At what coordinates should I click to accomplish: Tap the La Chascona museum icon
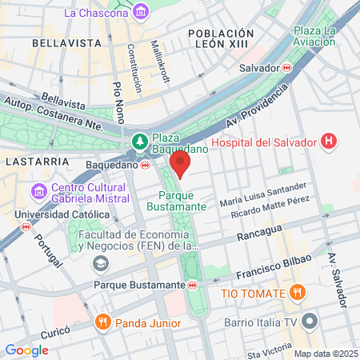pyautogui.click(x=142, y=12)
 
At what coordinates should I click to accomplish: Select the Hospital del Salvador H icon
pyautogui.click(x=327, y=142)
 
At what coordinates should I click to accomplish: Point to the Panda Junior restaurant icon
pyautogui.click(x=102, y=322)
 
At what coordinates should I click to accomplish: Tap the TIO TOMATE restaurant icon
pyautogui.click(x=298, y=291)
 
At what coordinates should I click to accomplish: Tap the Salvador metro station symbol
pyautogui.click(x=286, y=68)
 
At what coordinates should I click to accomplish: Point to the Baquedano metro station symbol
pyautogui.click(x=145, y=166)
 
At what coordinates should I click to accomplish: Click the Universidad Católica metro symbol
pyautogui.click(x=26, y=227)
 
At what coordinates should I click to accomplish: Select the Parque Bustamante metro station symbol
pyautogui.click(x=192, y=284)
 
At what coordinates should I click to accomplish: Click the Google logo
pyautogui.click(x=27, y=350)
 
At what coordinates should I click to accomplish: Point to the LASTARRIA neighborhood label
pyautogui.click(x=30, y=161)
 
